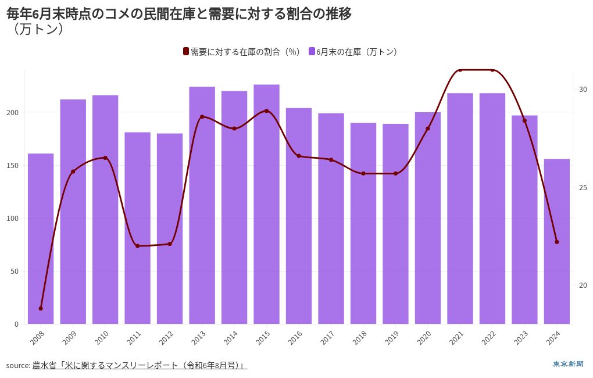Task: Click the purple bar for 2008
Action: click(x=41, y=238)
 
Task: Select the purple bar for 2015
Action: click(x=266, y=204)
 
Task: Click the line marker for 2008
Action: click(x=41, y=308)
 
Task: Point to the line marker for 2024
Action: click(x=556, y=242)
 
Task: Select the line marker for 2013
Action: click(x=202, y=117)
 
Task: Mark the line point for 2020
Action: click(x=428, y=129)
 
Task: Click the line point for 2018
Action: click(x=363, y=173)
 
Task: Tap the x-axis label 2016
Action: click(x=295, y=337)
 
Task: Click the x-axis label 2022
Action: click(x=488, y=337)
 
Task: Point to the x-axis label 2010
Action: click(x=101, y=337)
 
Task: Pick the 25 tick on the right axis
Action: click(x=583, y=187)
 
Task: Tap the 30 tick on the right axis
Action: click(x=583, y=90)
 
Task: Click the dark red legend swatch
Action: click(x=186, y=52)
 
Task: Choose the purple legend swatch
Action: click(x=312, y=52)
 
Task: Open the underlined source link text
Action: click(x=140, y=365)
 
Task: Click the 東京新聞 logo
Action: click(x=567, y=364)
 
